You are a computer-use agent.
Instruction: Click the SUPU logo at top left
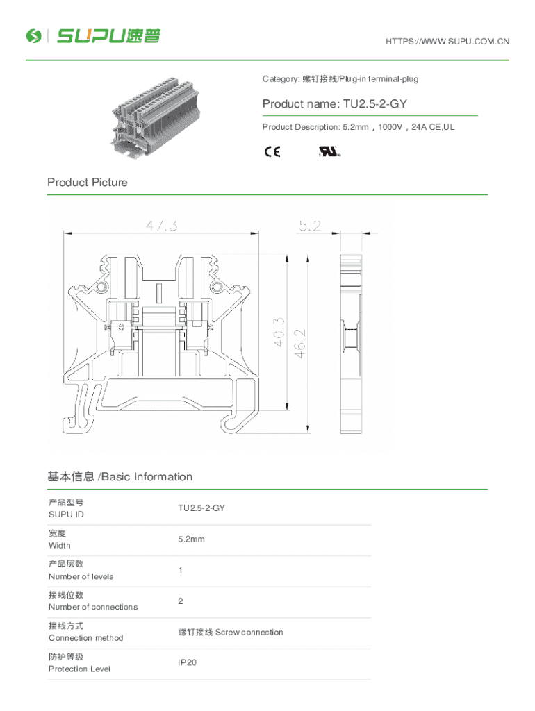click(93, 35)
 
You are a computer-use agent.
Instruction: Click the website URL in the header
click(447, 42)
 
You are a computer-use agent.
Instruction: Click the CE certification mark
click(272, 152)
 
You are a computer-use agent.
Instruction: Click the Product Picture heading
click(88, 183)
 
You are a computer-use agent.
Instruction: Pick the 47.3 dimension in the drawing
click(161, 226)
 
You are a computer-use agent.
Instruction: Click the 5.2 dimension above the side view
click(310, 226)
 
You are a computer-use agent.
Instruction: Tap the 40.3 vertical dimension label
click(279, 332)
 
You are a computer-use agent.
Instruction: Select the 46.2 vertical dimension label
click(300, 343)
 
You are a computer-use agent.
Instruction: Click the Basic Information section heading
click(120, 477)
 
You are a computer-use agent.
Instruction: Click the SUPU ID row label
click(66, 515)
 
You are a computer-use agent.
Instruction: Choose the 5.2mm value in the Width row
click(191, 539)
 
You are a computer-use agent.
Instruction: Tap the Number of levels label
click(81, 576)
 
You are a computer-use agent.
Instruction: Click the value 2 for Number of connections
click(181, 601)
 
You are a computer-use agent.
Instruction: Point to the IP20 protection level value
click(188, 662)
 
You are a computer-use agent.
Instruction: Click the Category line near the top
click(340, 79)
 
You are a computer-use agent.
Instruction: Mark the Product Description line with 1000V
click(359, 127)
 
